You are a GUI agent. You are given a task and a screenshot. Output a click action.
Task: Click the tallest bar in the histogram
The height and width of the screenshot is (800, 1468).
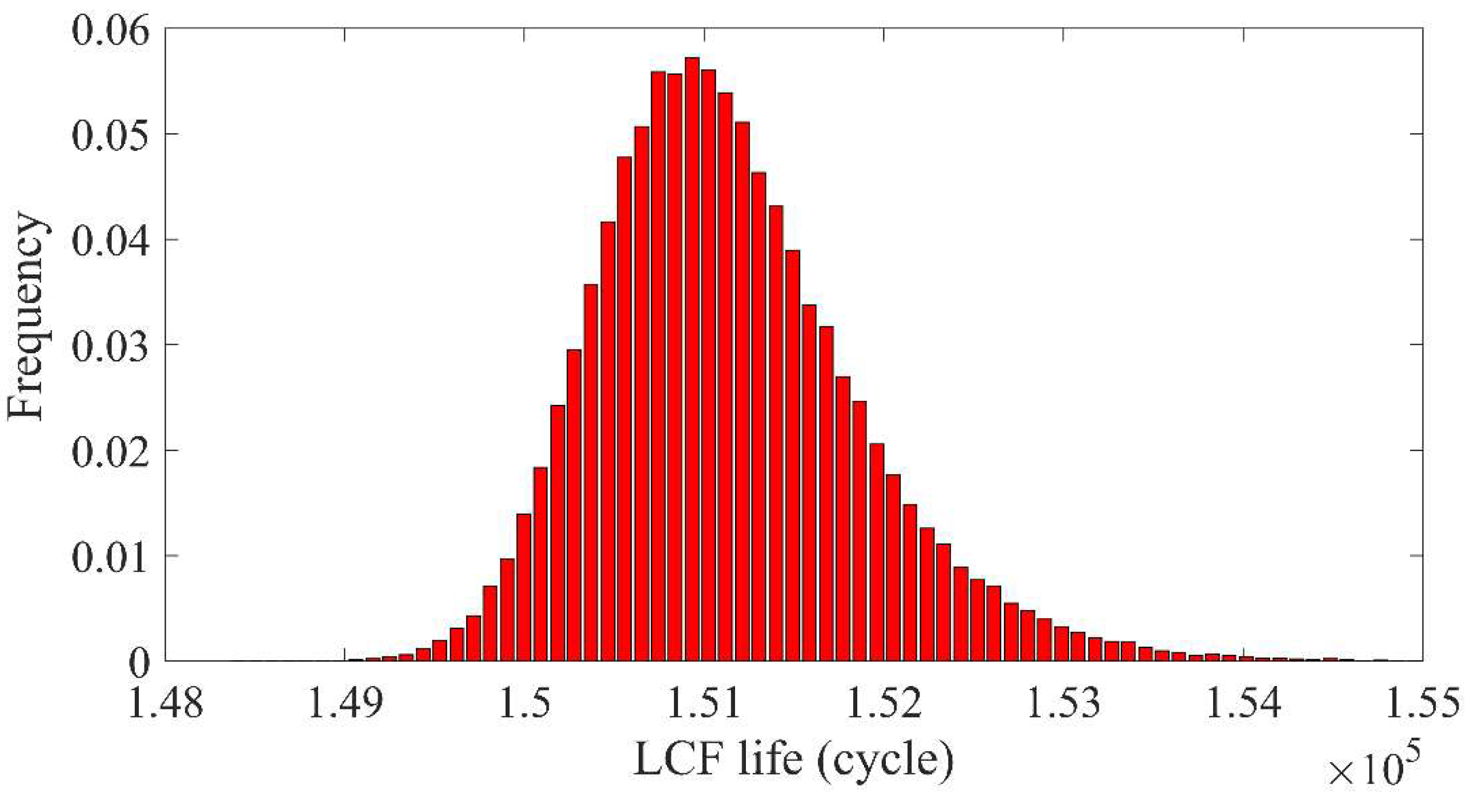692,359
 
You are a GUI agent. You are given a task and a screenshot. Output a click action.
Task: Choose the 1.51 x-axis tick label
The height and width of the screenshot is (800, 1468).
704,704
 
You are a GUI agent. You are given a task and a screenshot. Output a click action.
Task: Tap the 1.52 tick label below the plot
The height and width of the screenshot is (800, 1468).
884,704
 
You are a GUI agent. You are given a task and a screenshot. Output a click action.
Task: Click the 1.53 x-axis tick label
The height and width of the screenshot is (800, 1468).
1063,704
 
